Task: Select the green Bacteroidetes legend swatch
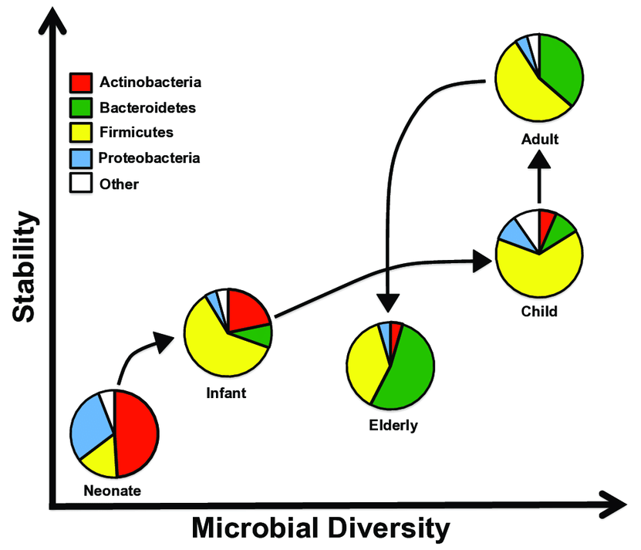[80, 107]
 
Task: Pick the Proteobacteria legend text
[149, 158]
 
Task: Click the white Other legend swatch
[80, 184]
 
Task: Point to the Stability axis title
[25, 268]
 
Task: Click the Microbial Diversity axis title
[320, 528]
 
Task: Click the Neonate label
[113, 491]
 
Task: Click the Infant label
[226, 393]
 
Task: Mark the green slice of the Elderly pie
[409, 370]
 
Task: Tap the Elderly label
[393, 424]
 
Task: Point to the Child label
[539, 312]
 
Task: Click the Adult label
[539, 140]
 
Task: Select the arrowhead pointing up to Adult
[539, 158]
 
